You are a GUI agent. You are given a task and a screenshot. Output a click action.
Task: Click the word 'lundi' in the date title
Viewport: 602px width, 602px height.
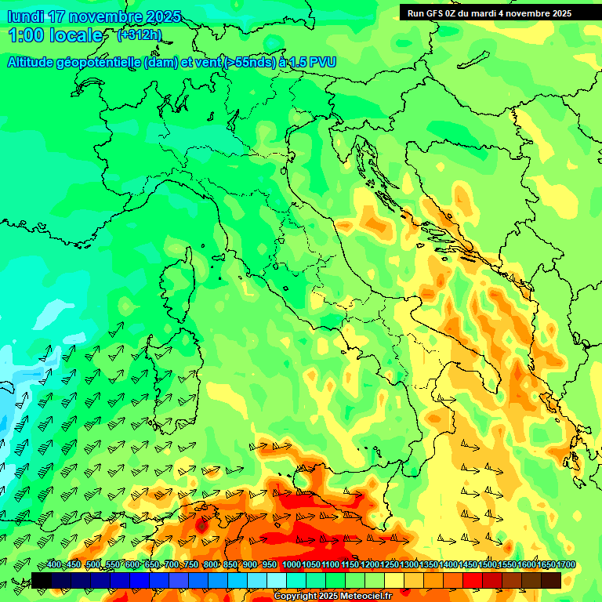pos(25,16)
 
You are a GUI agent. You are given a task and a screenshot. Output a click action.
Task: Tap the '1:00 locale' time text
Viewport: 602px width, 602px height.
pos(56,35)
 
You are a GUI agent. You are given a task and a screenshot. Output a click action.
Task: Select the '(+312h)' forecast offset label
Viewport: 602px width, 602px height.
pos(140,34)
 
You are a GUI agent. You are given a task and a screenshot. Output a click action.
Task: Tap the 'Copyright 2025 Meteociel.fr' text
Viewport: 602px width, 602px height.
pos(332,597)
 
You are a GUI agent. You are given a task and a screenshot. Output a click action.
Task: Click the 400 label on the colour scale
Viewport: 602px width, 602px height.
pos(53,565)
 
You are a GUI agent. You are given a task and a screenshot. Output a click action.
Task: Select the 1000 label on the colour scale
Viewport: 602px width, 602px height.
pos(291,565)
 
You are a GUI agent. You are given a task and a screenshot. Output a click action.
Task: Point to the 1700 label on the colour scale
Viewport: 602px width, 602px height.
pos(565,565)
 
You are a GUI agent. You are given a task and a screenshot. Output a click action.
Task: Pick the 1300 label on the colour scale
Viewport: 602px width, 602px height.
pos(408,565)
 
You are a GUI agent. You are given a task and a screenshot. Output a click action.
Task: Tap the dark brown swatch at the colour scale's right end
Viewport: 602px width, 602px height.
pos(551,580)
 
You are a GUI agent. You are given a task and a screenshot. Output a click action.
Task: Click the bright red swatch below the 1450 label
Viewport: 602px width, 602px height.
pos(473,580)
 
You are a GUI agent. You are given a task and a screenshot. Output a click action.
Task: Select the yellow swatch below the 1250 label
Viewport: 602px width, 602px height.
pos(394,580)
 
